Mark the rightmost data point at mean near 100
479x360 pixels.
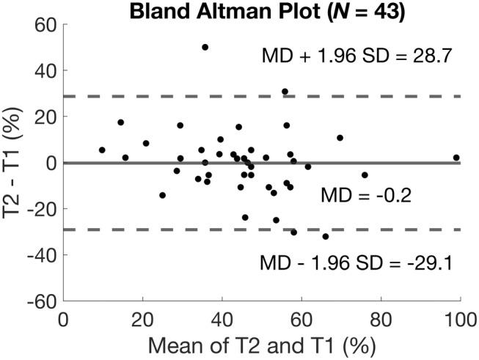coord(456,158)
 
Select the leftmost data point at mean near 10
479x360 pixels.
coord(102,150)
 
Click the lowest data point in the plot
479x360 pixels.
coord(326,236)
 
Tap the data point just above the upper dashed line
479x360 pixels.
coord(285,92)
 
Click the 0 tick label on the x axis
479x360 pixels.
coord(63,320)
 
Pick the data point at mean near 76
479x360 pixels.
coord(365,175)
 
